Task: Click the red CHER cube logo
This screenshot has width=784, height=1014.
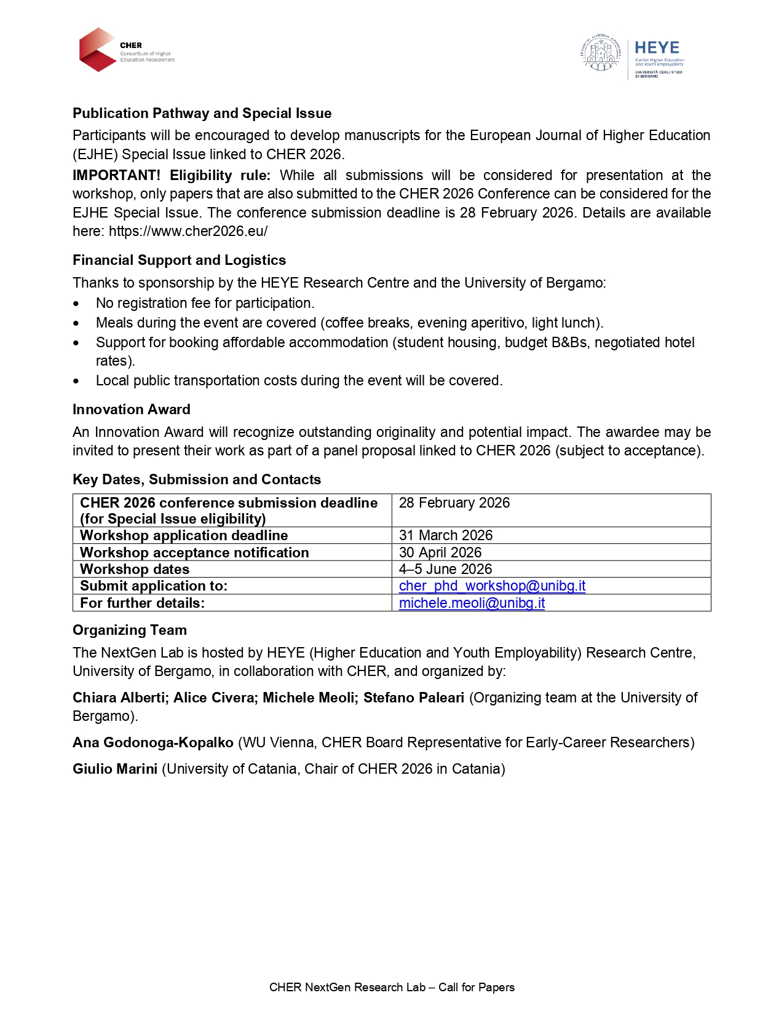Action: click(x=98, y=49)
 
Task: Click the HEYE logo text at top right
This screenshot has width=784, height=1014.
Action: click(x=657, y=48)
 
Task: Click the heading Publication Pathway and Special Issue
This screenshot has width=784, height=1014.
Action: click(x=202, y=113)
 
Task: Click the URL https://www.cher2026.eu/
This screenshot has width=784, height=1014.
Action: click(x=188, y=231)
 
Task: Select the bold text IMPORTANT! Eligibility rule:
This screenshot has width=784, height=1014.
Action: click(x=172, y=175)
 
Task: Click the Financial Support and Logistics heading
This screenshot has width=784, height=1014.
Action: click(x=179, y=260)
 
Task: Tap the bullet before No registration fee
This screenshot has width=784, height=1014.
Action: click(x=76, y=304)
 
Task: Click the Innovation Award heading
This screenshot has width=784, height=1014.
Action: click(x=131, y=409)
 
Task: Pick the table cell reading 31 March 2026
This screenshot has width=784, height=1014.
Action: click(x=446, y=535)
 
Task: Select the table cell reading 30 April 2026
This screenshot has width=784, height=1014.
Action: click(x=440, y=552)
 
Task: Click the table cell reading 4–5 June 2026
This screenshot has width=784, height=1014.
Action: click(x=445, y=569)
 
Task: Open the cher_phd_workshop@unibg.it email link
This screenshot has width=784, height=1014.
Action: click(x=492, y=586)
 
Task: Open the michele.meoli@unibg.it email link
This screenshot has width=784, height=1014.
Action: click(x=472, y=603)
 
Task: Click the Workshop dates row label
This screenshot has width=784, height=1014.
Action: click(x=135, y=569)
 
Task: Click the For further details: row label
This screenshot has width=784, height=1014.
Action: click(x=142, y=603)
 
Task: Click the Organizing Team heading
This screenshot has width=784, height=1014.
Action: click(x=130, y=630)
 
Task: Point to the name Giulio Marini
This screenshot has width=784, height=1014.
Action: click(x=115, y=769)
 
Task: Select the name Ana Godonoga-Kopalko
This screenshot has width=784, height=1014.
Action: click(x=153, y=742)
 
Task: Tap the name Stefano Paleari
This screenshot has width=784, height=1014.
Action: click(x=413, y=698)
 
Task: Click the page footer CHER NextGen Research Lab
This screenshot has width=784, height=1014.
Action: click(x=392, y=987)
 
